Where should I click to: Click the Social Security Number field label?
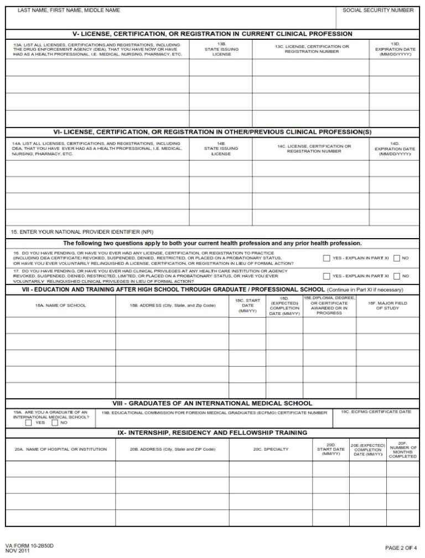point(378,10)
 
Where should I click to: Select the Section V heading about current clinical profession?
point(212,34)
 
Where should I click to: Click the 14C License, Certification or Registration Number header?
point(314,149)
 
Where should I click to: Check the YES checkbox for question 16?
point(326,258)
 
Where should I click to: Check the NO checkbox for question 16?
point(396,258)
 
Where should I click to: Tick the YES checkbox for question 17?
point(326,276)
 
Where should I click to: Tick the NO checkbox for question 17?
point(396,276)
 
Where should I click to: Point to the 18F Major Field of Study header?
point(387,306)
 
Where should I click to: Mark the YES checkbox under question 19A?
point(28,423)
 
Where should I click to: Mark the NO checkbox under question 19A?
point(54,423)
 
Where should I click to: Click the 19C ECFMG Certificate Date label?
point(376,412)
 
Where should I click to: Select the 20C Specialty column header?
point(271,449)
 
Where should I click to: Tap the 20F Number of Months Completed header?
point(402,449)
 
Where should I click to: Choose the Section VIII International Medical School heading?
point(212,403)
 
